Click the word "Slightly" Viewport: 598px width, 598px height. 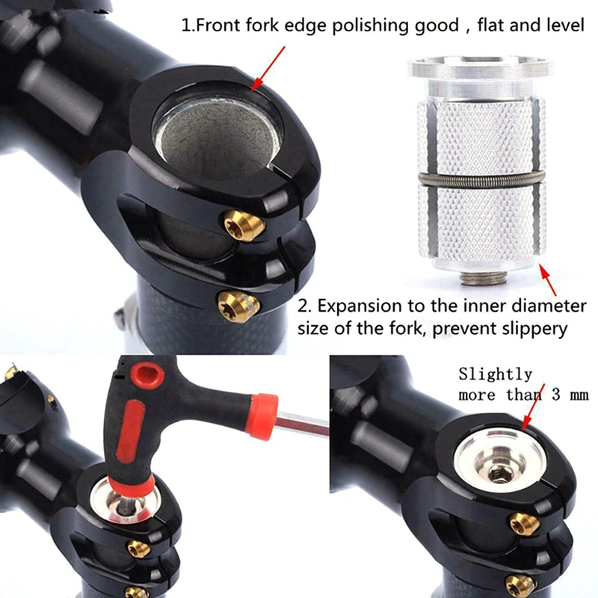pyautogui.click(x=496, y=374)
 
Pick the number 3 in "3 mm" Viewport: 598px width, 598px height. pyautogui.click(x=556, y=395)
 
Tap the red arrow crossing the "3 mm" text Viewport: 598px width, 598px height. pyautogui.click(x=533, y=407)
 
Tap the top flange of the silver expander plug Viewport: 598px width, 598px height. pyautogui.click(x=481, y=67)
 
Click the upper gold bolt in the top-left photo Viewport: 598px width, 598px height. pyautogui.click(x=244, y=226)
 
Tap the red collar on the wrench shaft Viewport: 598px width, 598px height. pyautogui.click(x=263, y=416)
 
